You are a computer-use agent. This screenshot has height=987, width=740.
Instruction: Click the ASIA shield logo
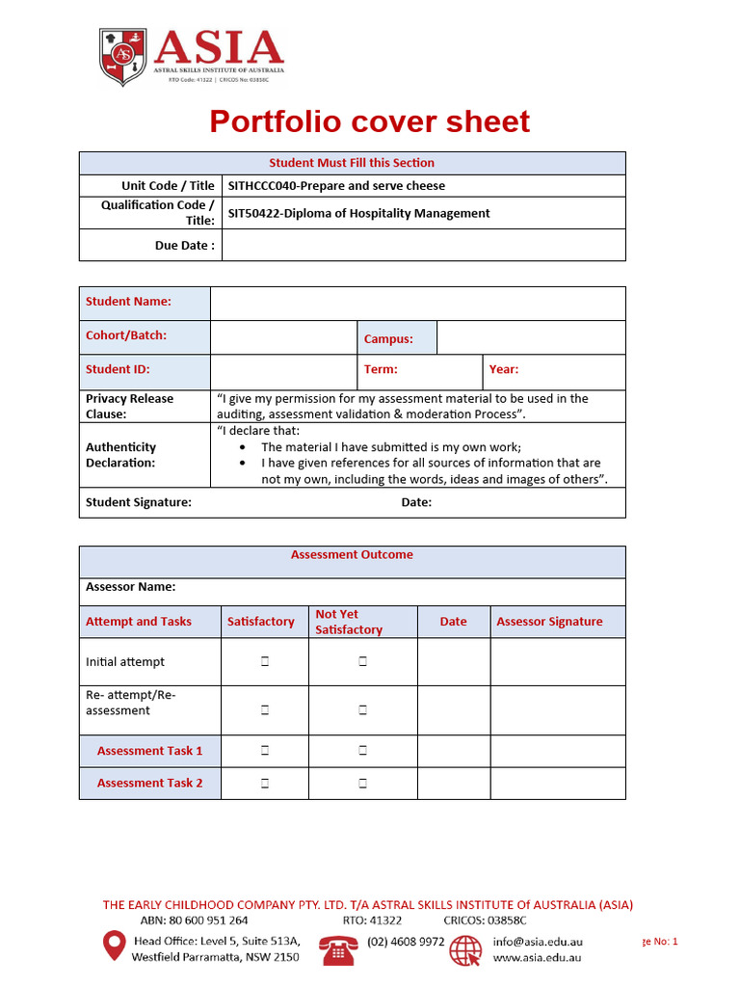pyautogui.click(x=122, y=58)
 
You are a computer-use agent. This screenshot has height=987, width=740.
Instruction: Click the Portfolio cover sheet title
pyautogui.click(x=369, y=122)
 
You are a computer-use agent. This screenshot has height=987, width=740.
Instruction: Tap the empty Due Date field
pyautogui.click(x=423, y=246)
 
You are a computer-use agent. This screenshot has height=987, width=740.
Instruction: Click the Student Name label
pyautogui.click(x=128, y=302)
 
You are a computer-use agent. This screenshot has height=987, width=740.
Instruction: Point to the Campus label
pyautogui.click(x=388, y=339)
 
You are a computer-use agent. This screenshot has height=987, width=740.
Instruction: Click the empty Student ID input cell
pyautogui.click(x=283, y=371)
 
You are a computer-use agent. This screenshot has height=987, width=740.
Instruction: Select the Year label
pyautogui.click(x=503, y=369)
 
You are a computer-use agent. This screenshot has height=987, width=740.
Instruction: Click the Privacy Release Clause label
pyautogui.click(x=130, y=406)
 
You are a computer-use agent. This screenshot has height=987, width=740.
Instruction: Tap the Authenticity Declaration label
pyautogui.click(x=120, y=455)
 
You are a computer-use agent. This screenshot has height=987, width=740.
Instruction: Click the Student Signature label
pyautogui.click(x=139, y=502)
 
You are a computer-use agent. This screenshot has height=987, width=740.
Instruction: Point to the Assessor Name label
pyautogui.click(x=131, y=586)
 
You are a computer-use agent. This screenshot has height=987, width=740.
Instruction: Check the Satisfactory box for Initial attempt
pyautogui.click(x=264, y=662)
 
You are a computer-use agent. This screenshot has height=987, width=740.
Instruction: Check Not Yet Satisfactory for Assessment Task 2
pyautogui.click(x=363, y=784)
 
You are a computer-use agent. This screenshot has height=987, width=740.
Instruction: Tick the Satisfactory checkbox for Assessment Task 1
pyautogui.click(x=264, y=750)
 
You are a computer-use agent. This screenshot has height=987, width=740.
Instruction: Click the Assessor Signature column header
pyautogui.click(x=549, y=622)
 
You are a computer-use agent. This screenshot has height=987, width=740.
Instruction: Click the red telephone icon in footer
pyautogui.click(x=338, y=950)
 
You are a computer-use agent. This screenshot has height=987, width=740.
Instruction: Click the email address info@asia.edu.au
pyautogui.click(x=537, y=942)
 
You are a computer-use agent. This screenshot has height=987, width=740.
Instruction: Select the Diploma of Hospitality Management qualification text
pyautogui.click(x=358, y=213)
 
